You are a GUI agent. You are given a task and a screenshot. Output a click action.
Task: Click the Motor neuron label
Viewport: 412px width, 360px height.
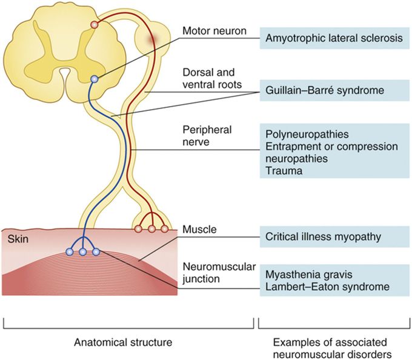[212, 30]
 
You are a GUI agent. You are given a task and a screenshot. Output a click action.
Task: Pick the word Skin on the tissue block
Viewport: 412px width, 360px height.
[18, 239]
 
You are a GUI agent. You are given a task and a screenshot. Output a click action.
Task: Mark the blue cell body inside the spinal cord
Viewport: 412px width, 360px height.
[94, 79]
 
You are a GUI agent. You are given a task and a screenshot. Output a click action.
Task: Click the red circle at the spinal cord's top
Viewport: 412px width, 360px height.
[94, 24]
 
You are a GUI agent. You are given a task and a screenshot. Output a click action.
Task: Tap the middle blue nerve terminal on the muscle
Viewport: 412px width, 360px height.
[82, 252]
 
